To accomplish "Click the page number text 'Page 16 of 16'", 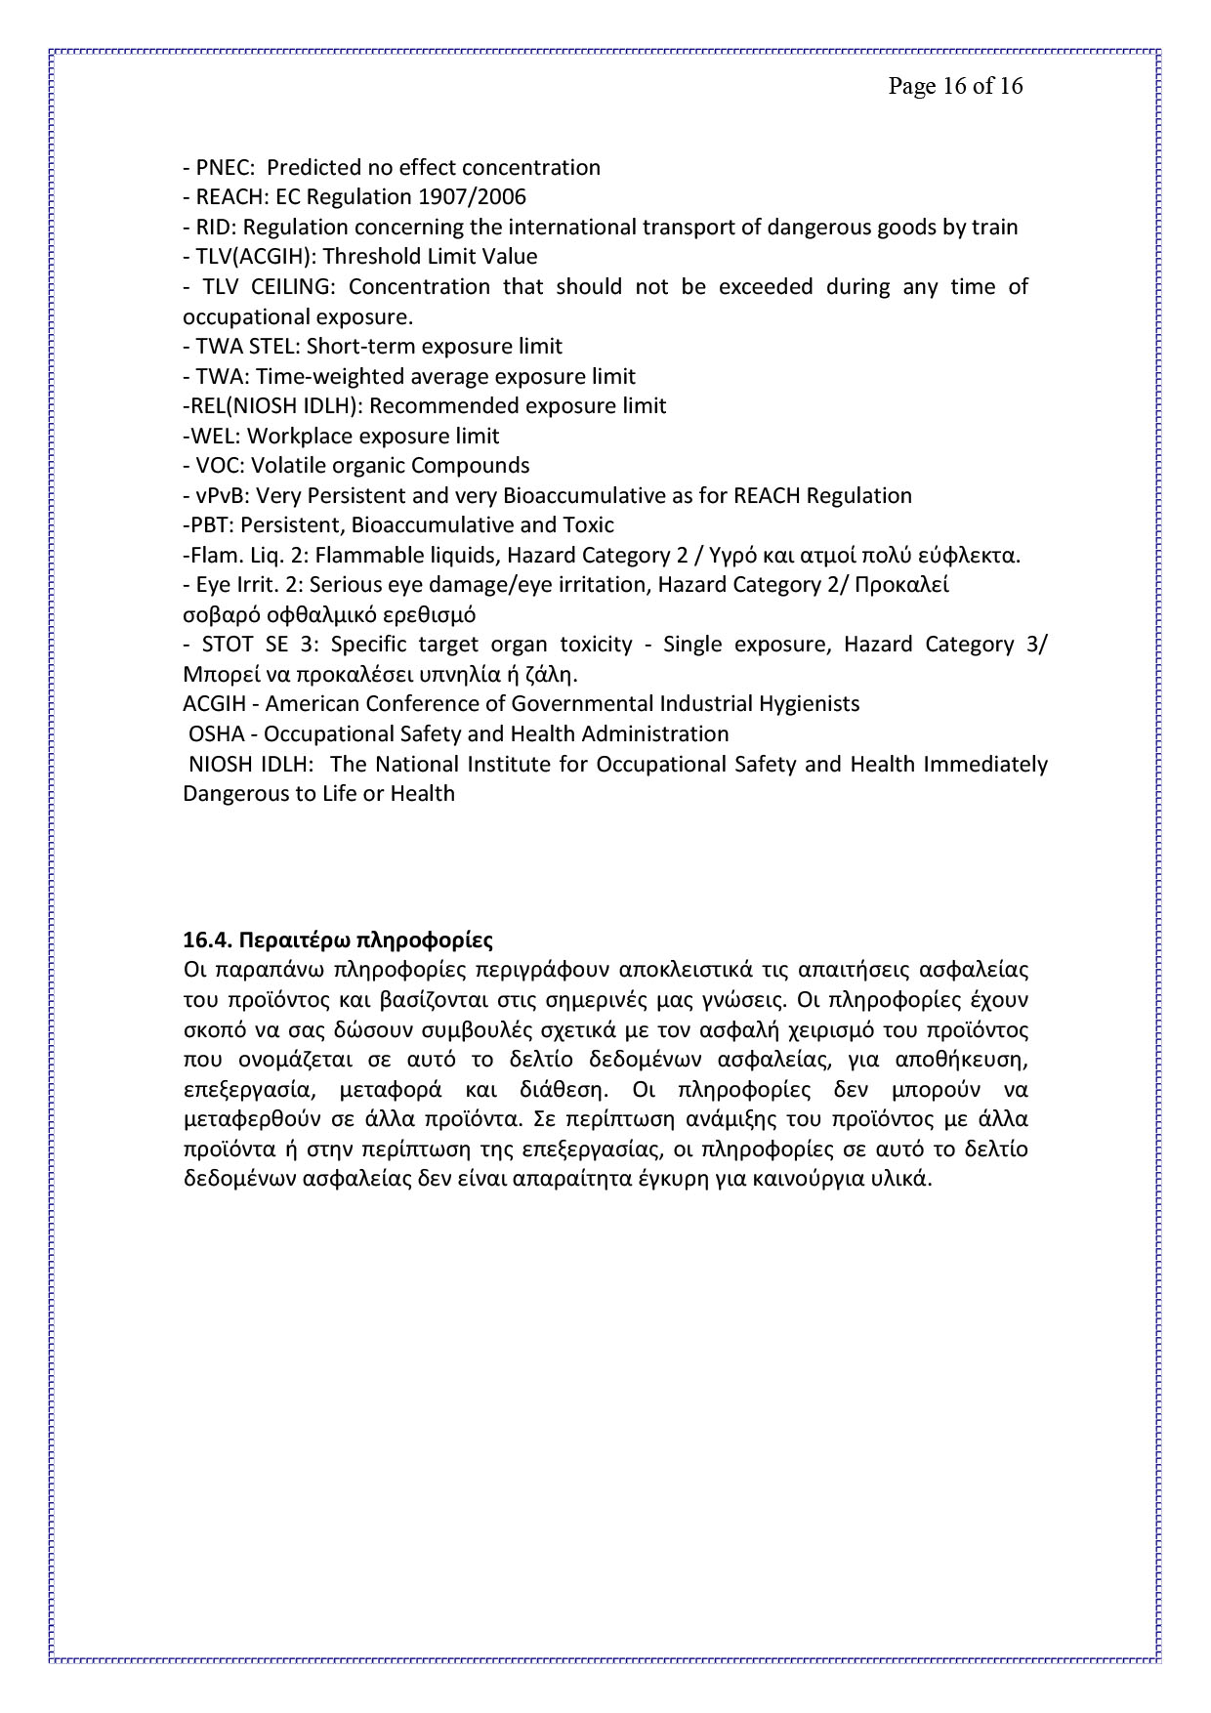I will [x=955, y=87].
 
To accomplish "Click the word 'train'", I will [x=995, y=228].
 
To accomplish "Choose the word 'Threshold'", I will [x=373, y=257].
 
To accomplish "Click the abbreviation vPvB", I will [x=223, y=496].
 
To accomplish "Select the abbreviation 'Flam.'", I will [x=216, y=556].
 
